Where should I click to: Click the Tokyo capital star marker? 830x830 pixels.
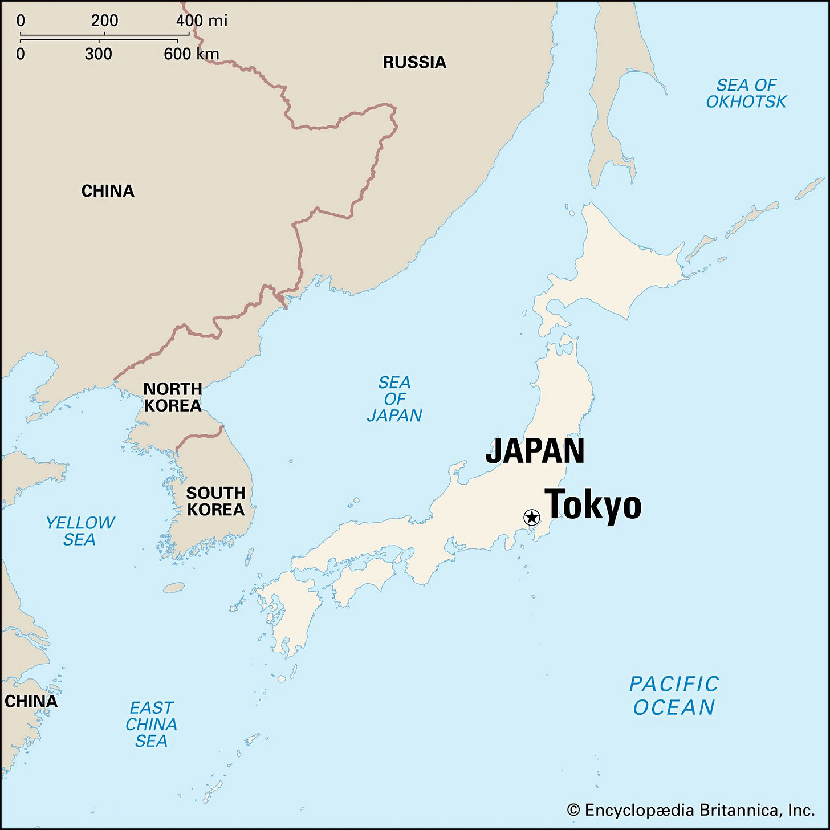click(x=531, y=518)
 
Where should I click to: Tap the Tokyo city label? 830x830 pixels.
click(x=593, y=505)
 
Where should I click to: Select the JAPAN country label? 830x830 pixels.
click(x=535, y=451)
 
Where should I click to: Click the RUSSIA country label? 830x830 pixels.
click(x=414, y=62)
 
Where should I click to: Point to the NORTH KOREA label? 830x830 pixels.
click(x=172, y=397)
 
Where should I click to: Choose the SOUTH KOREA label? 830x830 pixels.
click(x=215, y=501)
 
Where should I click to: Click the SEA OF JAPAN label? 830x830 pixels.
click(x=394, y=399)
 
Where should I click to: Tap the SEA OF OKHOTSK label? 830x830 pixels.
click(x=746, y=93)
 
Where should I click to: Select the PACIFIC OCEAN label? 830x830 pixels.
click(x=674, y=695)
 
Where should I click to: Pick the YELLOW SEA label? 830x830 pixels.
click(x=80, y=531)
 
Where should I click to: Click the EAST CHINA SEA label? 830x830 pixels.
click(x=151, y=724)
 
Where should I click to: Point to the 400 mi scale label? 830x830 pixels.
click(x=201, y=21)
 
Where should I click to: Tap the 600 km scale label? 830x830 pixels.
click(x=191, y=54)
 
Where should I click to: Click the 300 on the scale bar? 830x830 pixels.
click(x=98, y=54)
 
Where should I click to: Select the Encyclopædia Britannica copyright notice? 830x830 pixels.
click(x=691, y=810)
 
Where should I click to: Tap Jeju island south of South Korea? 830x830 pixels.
click(x=174, y=587)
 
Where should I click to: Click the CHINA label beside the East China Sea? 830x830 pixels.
click(x=31, y=701)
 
